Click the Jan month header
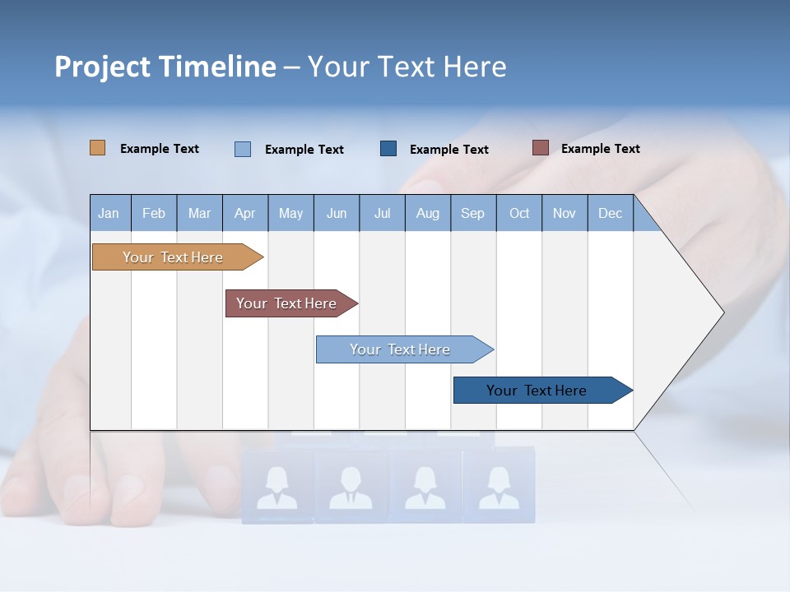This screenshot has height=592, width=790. click(109, 213)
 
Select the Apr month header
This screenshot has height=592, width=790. click(244, 213)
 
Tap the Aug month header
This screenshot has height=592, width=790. click(427, 213)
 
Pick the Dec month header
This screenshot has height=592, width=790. click(610, 213)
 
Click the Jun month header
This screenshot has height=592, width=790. click(336, 213)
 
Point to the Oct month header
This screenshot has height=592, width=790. click(518, 213)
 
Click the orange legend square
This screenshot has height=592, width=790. click(97, 148)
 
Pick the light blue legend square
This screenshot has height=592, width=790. click(242, 149)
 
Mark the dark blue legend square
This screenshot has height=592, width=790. click(388, 148)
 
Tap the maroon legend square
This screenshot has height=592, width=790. click(540, 148)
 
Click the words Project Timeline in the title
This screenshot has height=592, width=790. click(165, 67)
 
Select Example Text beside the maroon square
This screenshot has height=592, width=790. click(600, 149)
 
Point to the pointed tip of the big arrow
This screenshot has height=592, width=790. click(722, 312)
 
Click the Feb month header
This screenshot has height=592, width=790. click(153, 213)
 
